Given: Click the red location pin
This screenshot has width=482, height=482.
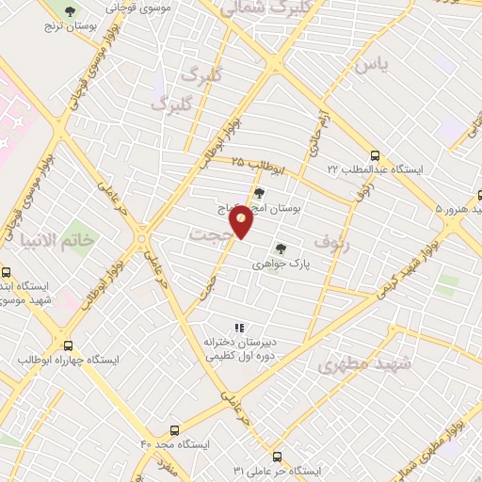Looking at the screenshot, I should (x=242, y=220).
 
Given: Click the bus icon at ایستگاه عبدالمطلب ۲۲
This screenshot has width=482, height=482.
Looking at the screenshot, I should (x=376, y=155).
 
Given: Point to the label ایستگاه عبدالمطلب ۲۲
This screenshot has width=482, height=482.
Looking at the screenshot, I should (x=375, y=169).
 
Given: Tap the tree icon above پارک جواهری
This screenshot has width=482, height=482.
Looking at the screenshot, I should (x=280, y=249).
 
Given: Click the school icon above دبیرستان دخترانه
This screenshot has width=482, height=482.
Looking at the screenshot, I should (x=239, y=327).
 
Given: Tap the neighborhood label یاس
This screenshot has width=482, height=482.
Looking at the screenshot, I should (x=370, y=65).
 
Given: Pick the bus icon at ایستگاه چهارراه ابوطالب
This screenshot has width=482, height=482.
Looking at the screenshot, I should (x=67, y=345).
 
